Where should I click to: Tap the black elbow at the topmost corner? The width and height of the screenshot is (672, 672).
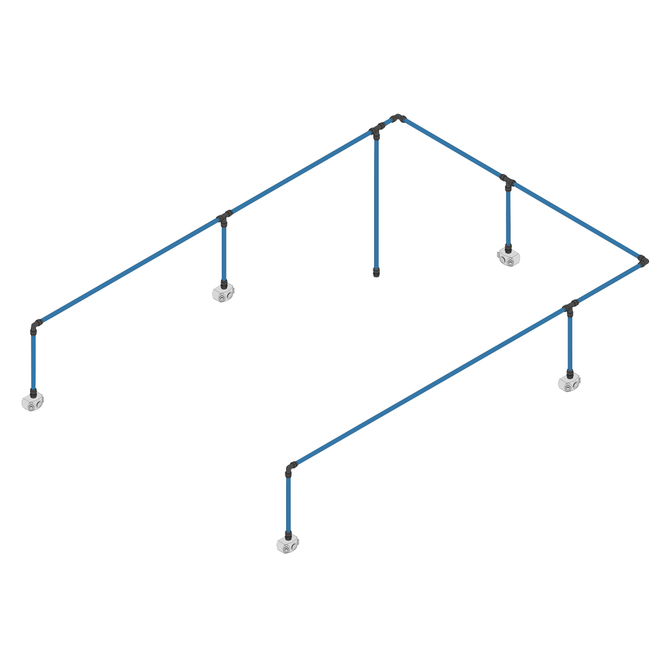(x=396, y=117)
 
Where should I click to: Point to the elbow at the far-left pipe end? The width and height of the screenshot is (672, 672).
(x=35, y=324)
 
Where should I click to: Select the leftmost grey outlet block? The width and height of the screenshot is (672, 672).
(x=31, y=402)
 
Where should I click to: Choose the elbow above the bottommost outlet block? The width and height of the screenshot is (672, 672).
(x=289, y=468)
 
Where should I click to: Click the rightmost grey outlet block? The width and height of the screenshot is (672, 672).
(x=568, y=382)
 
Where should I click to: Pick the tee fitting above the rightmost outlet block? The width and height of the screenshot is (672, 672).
(x=571, y=306)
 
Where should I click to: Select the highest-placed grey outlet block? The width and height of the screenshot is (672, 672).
(x=507, y=256)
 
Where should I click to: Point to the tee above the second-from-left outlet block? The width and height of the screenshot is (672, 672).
(x=224, y=217)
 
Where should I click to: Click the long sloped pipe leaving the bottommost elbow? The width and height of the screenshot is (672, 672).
(x=427, y=387)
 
